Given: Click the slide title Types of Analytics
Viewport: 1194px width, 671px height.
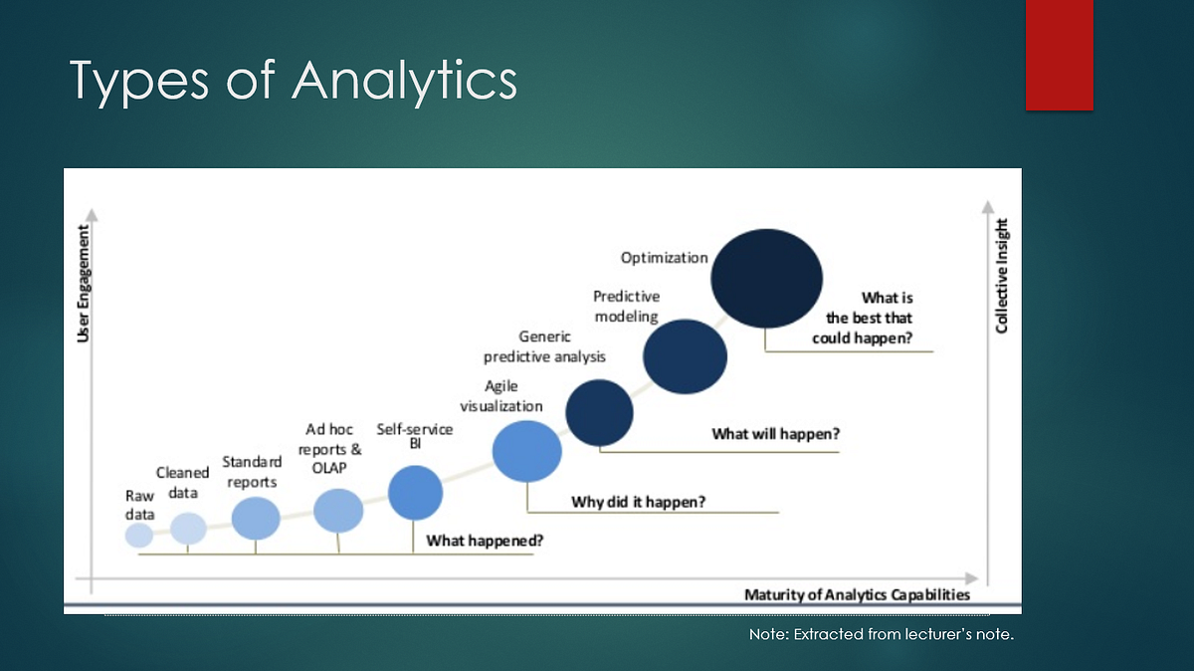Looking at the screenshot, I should tap(294, 80).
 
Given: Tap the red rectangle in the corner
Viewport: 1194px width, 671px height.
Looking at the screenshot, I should tap(1060, 55).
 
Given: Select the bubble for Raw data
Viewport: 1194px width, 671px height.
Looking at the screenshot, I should tap(139, 536).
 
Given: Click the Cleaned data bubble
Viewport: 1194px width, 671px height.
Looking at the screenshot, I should tap(188, 529).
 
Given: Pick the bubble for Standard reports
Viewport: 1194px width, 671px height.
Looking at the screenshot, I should tap(256, 518).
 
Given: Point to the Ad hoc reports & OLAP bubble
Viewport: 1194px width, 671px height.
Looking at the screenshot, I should tap(338, 511).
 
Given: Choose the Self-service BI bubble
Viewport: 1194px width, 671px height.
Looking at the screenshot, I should tap(415, 493).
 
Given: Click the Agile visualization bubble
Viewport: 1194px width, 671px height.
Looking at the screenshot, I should tap(527, 452).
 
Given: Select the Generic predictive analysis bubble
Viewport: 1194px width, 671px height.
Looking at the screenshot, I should tap(599, 412).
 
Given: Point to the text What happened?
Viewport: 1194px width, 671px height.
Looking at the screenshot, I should tap(485, 541).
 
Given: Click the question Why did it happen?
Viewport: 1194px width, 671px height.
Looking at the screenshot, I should tap(638, 502).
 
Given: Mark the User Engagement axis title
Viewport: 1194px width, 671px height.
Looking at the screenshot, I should tap(84, 284).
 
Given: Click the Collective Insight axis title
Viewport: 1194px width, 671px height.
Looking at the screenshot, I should tap(1002, 276).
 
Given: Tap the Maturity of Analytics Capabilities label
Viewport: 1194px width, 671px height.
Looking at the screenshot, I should tap(857, 595).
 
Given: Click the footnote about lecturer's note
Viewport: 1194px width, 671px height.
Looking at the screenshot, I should tap(881, 634).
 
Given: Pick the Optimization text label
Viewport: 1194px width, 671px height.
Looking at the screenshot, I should tap(664, 258).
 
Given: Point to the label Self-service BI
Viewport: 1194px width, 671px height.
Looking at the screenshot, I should tap(415, 436).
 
